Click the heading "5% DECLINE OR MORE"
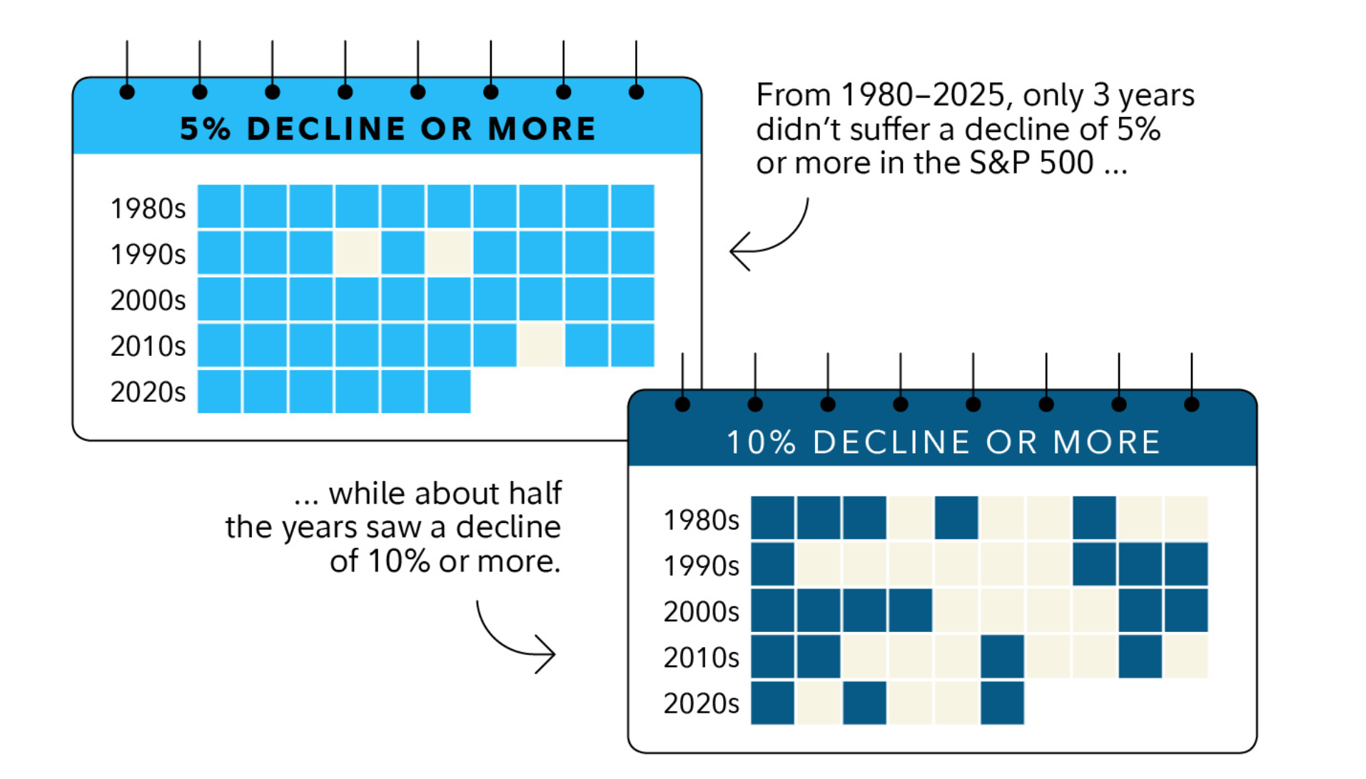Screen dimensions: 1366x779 tap(388, 129)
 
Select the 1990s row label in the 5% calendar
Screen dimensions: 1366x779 tap(148, 254)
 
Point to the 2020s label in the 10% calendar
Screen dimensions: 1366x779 tap(701, 703)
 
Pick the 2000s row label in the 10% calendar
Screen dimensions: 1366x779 tap(701, 611)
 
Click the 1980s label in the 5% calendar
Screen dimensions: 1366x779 tap(148, 208)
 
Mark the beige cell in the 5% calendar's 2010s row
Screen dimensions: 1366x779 tap(541, 345)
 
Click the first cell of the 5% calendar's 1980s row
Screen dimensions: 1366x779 tap(219, 207)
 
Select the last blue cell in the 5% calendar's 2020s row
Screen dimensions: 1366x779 tap(449, 391)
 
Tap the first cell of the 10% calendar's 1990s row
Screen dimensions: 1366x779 tap(772, 564)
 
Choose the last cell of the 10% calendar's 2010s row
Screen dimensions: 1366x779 tap(1186, 656)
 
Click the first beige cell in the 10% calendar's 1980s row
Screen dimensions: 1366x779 tap(910, 518)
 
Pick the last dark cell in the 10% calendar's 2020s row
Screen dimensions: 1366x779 tap(1002, 703)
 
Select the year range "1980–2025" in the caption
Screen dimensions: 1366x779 tap(924, 96)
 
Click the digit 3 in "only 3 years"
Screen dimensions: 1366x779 tap(1101, 96)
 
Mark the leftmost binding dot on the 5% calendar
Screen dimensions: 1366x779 tap(127, 92)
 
